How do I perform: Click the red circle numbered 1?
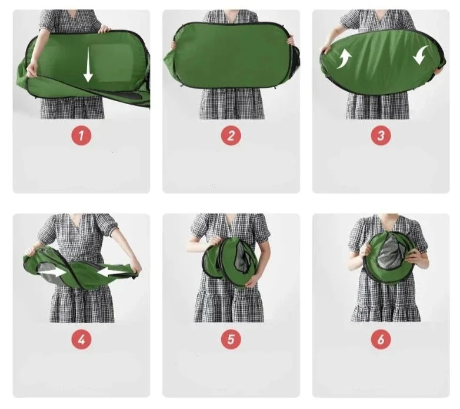coord(81,135)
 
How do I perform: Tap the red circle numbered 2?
coord(231,135)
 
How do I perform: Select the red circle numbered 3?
coord(381,135)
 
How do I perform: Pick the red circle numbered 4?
coord(81,340)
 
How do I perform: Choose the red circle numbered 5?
coord(231,340)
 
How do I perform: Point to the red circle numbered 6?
coord(381,340)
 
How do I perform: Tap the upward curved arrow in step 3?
coord(344,59)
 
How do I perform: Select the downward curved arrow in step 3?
coord(421,55)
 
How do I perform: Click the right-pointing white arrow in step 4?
coord(52,272)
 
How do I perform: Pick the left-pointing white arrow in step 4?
coord(112,272)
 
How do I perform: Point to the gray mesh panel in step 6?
coord(390,254)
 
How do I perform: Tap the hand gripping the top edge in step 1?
coord(105,29)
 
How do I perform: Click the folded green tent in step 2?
coord(232,56)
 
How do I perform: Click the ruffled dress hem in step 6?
coord(386,312)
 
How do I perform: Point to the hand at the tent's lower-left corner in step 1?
coord(32,71)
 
